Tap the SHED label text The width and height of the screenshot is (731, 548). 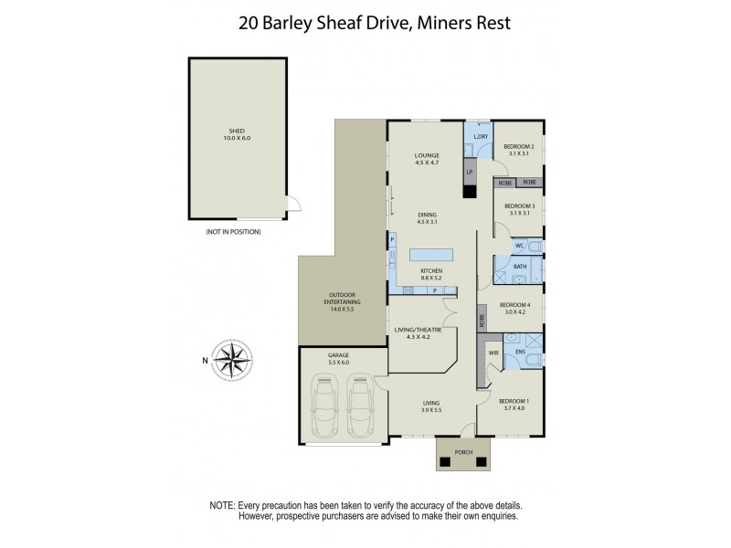click(x=237, y=132)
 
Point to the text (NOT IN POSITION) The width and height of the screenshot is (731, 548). click(x=234, y=233)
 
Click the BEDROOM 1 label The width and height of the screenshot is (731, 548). click(x=513, y=401)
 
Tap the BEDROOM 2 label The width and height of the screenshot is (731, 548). click(x=519, y=146)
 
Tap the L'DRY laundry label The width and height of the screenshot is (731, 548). click(x=482, y=136)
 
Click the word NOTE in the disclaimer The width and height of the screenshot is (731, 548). click(x=222, y=504)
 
